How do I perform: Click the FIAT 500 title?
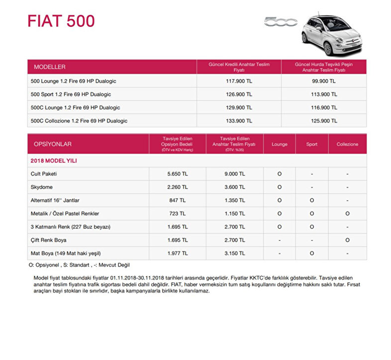[x=61, y=21]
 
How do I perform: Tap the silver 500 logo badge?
[x=281, y=22]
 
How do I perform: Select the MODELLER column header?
[x=50, y=67]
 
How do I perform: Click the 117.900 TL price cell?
[x=239, y=81]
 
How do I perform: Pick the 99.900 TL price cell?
[x=324, y=81]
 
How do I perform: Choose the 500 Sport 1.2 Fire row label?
[x=71, y=94]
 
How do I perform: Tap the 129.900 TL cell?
[x=239, y=107]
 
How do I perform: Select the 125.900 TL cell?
[x=324, y=121]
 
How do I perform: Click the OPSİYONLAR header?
[x=53, y=144]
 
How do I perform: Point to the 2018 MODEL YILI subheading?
[x=54, y=161]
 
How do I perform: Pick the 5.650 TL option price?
[x=178, y=174]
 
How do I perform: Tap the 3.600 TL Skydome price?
[x=234, y=187]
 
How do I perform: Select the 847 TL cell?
[x=178, y=200]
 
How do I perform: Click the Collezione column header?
[x=347, y=144]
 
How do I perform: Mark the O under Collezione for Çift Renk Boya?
[x=347, y=240]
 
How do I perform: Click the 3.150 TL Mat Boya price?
[x=234, y=253]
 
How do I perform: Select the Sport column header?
[x=312, y=144]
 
